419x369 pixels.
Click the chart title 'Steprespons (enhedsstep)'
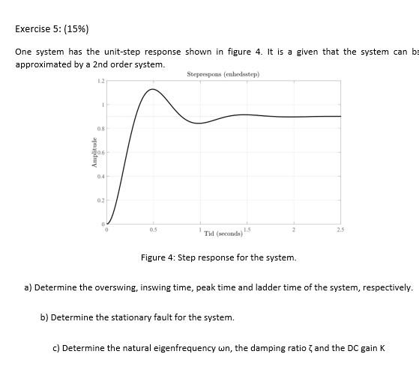(223, 74)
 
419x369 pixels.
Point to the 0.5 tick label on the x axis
(153, 230)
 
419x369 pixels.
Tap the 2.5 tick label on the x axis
(340, 230)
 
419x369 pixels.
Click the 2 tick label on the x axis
(294, 230)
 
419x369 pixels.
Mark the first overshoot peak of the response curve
(152, 89)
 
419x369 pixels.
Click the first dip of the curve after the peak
(198, 123)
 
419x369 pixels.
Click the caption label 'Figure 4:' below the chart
(158, 257)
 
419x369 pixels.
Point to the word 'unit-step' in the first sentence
(136, 52)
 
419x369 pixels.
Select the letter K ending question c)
(382, 348)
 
